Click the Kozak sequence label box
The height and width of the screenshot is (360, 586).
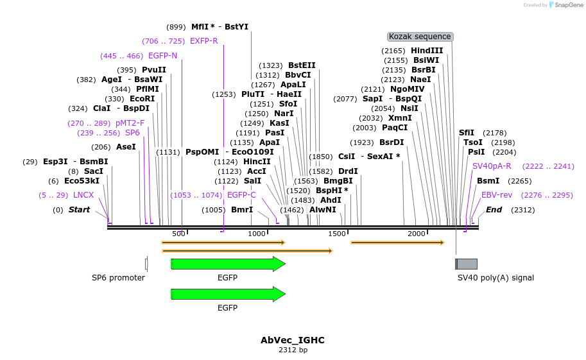[420, 37]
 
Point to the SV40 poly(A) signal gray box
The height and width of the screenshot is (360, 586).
[467, 264]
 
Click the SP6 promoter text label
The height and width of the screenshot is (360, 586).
[118, 278]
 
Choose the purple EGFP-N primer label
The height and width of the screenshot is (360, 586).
[162, 56]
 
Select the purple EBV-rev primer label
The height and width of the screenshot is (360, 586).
[497, 195]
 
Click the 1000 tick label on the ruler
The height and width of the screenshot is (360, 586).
[257, 234]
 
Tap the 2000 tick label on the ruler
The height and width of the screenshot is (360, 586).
[416, 234]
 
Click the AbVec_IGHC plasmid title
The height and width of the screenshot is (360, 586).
[293, 340]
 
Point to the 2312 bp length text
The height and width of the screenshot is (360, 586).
[293, 350]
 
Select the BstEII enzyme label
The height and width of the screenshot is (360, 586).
[302, 65]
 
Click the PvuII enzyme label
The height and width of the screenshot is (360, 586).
[154, 70]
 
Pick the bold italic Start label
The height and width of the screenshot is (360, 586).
[79, 210]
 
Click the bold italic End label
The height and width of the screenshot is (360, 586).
[494, 210]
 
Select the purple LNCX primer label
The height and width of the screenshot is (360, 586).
[83, 195]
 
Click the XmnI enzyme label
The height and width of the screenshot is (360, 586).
[400, 118]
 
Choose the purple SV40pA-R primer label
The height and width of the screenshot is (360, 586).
[492, 166]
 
